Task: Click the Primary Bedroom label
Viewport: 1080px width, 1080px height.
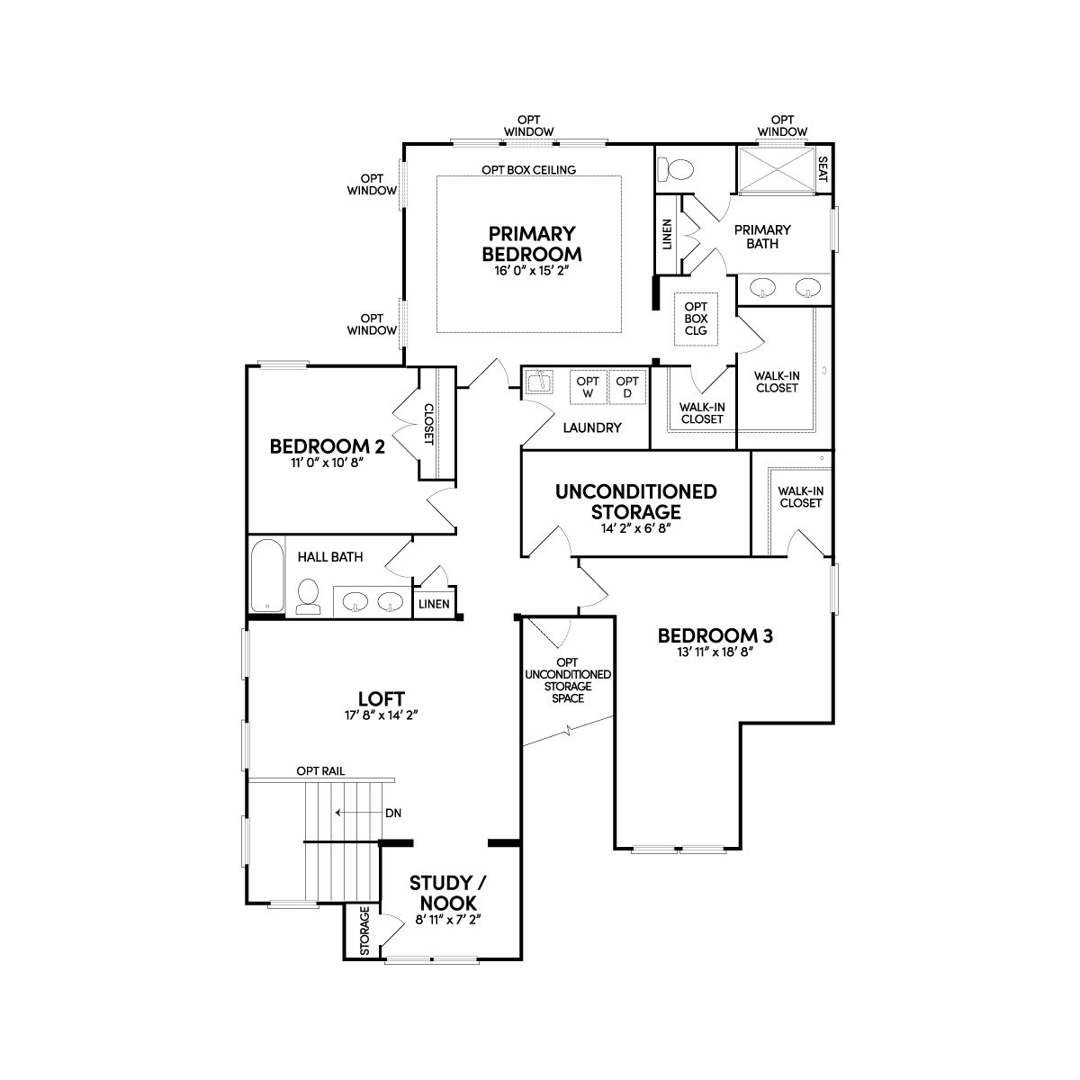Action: pyautogui.click(x=531, y=244)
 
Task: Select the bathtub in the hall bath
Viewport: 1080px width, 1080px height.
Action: pyautogui.click(x=266, y=576)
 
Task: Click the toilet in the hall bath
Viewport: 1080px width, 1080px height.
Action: pyautogui.click(x=308, y=597)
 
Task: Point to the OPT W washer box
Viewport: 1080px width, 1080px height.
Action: pyautogui.click(x=588, y=387)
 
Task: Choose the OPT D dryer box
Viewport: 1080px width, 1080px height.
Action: pyautogui.click(x=627, y=387)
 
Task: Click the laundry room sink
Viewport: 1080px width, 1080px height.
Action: pyautogui.click(x=540, y=382)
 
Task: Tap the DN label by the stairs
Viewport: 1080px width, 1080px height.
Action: pyautogui.click(x=393, y=813)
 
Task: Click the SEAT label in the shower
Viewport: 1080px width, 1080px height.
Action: pyautogui.click(x=823, y=168)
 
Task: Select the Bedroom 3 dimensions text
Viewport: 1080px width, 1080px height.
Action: pyautogui.click(x=715, y=652)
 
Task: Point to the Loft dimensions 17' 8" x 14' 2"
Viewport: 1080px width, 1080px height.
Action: pyautogui.click(x=381, y=715)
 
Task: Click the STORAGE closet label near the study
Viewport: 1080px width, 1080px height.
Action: pyautogui.click(x=364, y=931)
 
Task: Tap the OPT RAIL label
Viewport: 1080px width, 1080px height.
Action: pyautogui.click(x=320, y=771)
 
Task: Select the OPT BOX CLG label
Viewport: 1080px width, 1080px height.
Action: pyautogui.click(x=696, y=319)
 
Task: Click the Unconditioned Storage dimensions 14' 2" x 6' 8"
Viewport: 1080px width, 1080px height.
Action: pyautogui.click(x=636, y=528)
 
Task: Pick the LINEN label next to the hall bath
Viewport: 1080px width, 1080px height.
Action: pyautogui.click(x=434, y=604)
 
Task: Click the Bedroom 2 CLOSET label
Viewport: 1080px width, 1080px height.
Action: pyautogui.click(x=428, y=424)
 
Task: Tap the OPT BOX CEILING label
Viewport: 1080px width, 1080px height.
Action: pyautogui.click(x=528, y=170)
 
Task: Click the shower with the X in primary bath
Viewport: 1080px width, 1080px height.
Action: pyautogui.click(x=776, y=169)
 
